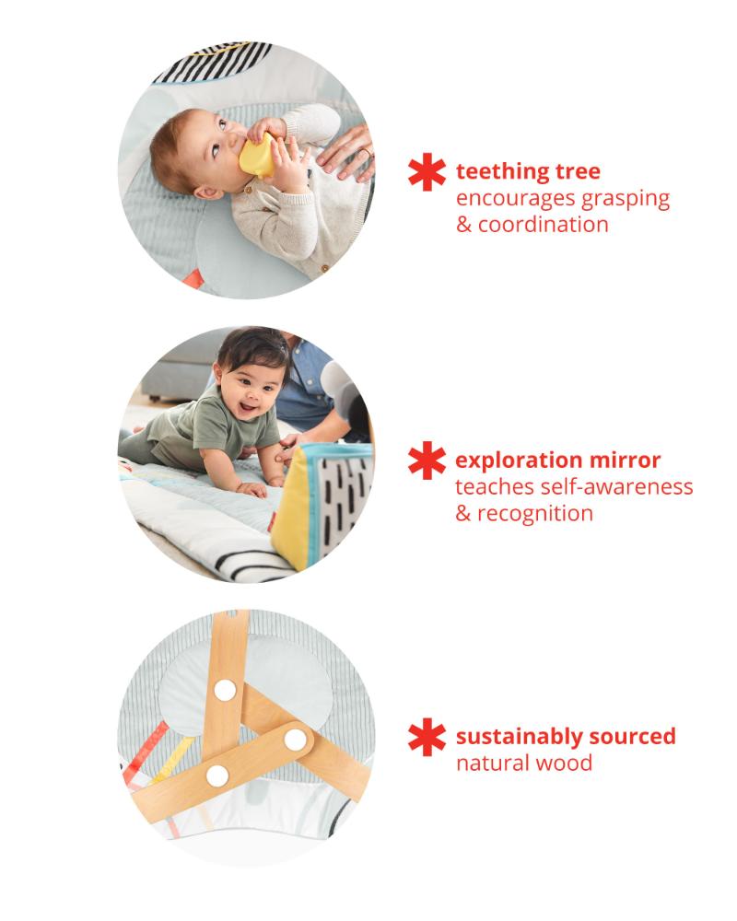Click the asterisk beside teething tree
click(x=427, y=172)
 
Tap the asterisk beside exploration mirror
click(x=427, y=460)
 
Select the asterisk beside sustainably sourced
click(x=427, y=737)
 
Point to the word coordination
click(x=543, y=225)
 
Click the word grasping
click(x=625, y=200)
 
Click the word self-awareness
click(x=616, y=487)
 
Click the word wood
click(x=566, y=764)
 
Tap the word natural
click(x=495, y=764)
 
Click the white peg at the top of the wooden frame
click(x=225, y=690)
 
